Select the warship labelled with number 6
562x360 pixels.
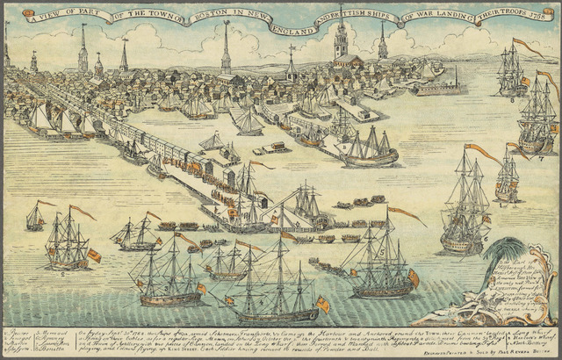point(465,211)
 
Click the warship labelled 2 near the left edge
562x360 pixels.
point(68,241)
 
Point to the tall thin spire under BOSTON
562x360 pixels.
point(226,48)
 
